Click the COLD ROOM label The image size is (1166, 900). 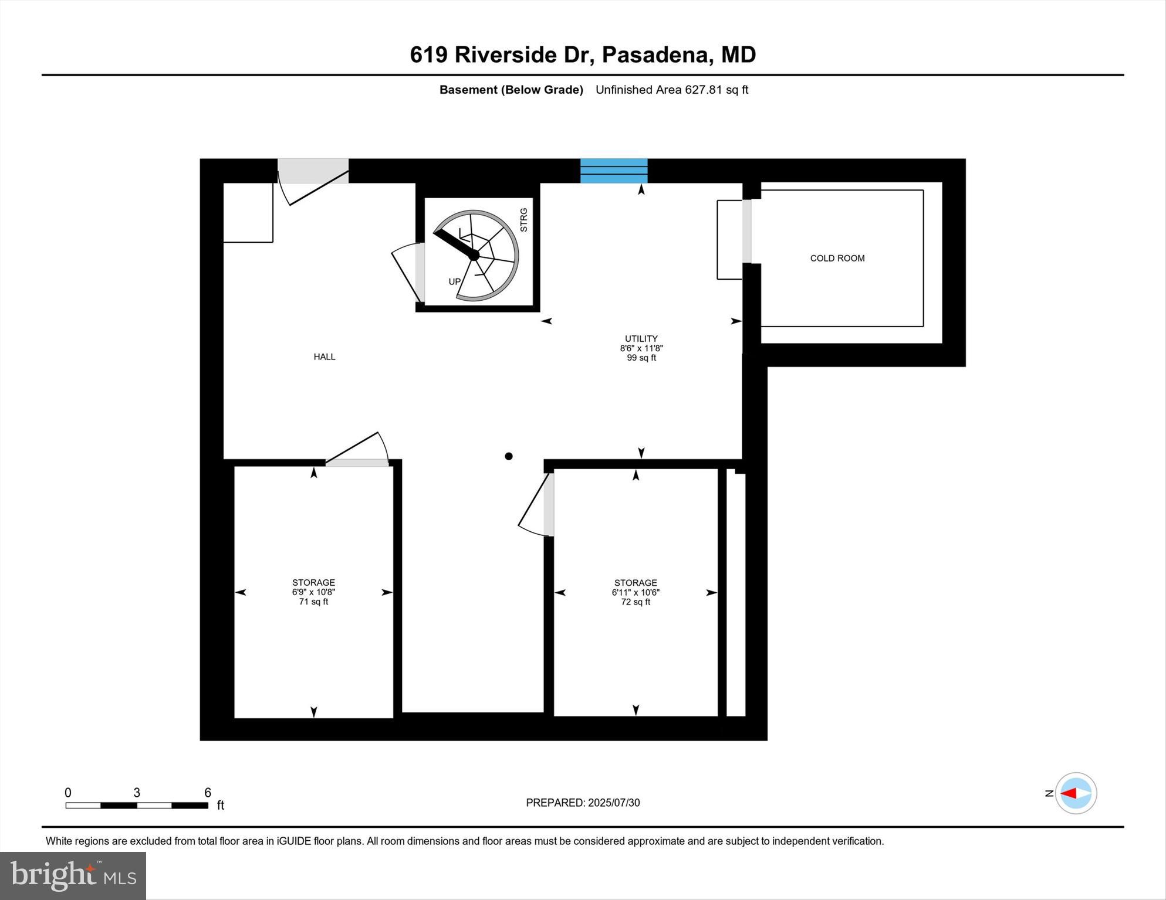[837, 259]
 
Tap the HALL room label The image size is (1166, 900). [324, 356]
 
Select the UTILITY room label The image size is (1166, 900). [641, 338]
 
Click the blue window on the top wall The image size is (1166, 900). [614, 171]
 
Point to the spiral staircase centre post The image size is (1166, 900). [474, 255]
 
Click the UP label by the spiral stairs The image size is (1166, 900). [454, 282]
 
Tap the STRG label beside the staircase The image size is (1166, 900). [524, 220]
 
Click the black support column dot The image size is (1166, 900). [509, 456]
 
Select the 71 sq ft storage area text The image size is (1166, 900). [313, 602]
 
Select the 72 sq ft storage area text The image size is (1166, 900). [636, 602]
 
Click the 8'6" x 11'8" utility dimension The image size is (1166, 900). [641, 348]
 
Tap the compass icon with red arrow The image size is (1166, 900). [1076, 793]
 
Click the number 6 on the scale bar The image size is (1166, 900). [208, 793]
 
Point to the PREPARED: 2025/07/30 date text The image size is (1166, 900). [582, 803]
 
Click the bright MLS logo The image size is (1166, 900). [73, 876]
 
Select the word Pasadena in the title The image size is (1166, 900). [657, 55]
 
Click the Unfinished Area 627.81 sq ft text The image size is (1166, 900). [671, 90]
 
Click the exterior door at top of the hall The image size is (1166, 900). [313, 171]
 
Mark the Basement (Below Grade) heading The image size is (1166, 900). [511, 90]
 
